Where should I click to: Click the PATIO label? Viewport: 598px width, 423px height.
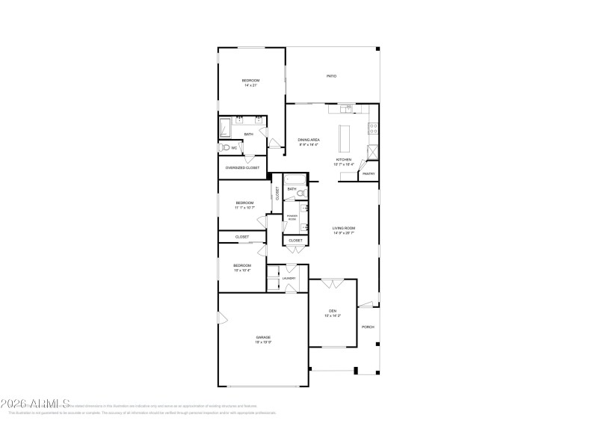coord(330,76)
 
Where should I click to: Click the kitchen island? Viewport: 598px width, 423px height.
coord(346,138)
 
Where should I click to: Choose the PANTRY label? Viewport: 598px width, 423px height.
coord(368,174)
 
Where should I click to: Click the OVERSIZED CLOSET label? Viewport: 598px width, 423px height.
coord(242,168)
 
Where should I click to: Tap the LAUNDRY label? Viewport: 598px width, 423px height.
coord(289,278)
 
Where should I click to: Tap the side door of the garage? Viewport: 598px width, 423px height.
coord(221,319)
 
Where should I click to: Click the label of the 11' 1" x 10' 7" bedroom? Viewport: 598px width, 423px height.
coord(244,203)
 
